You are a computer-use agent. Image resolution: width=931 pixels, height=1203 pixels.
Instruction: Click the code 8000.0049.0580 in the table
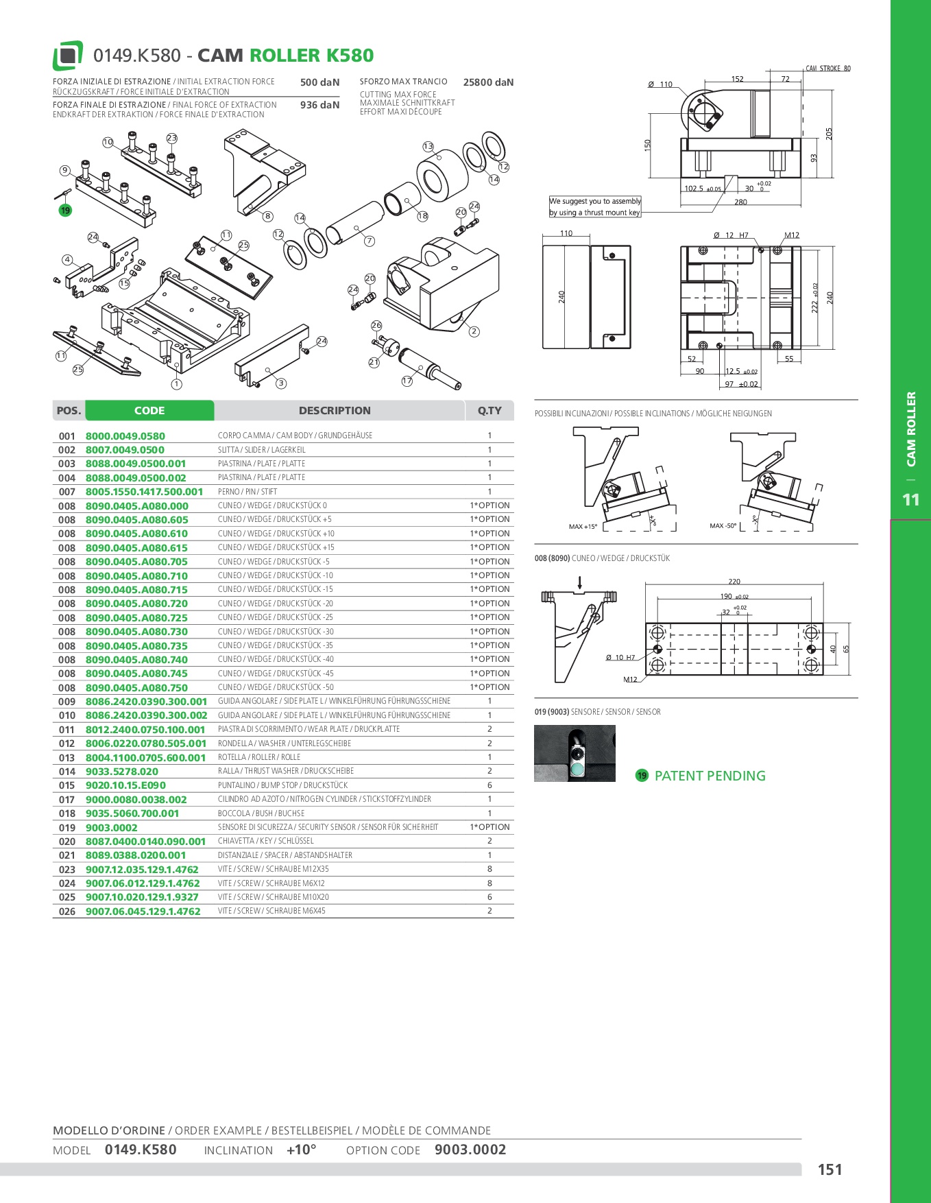point(125,436)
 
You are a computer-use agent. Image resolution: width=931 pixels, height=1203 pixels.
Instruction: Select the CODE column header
point(149,411)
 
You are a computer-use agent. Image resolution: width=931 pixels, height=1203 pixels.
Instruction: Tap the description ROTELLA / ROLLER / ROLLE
point(259,757)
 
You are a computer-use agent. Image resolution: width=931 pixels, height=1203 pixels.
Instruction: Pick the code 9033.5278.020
point(122,772)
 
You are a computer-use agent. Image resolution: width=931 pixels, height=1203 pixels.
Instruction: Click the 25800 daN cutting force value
point(488,82)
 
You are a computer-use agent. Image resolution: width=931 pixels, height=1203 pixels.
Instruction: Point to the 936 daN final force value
point(319,105)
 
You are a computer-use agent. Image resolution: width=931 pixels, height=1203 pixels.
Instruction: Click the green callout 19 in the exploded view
point(65,211)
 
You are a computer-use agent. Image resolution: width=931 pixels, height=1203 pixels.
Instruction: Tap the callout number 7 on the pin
point(370,241)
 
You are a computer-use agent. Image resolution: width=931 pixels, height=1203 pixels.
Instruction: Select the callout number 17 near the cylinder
point(407,381)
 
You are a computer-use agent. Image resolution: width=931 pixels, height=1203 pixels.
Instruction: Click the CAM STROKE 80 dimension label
point(828,69)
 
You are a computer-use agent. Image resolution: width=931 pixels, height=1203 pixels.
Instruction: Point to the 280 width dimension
point(740,202)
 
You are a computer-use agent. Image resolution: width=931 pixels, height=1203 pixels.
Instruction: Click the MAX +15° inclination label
point(583,527)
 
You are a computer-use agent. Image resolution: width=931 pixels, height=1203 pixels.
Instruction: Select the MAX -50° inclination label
point(723,526)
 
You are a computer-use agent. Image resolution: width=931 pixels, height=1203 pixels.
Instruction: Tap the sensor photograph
point(575,753)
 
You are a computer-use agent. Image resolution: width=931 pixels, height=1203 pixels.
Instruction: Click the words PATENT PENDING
point(710,776)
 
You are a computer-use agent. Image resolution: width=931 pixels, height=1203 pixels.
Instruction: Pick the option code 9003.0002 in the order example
point(470,1150)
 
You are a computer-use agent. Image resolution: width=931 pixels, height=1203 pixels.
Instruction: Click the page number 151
point(830,1170)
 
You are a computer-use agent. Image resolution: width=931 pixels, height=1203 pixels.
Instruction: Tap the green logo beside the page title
point(68,56)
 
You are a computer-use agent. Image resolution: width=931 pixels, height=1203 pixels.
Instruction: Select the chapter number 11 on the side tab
point(910,500)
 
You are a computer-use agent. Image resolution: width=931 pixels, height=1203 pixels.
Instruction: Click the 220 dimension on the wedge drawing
point(734,582)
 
